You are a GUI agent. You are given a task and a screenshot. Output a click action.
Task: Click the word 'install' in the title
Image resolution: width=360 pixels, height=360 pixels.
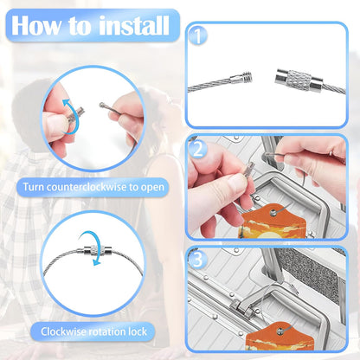click(x=133, y=25)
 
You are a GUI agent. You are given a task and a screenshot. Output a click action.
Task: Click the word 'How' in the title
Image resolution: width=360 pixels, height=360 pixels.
click(x=36, y=25)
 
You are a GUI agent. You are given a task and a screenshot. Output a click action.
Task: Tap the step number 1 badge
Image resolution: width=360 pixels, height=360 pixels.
click(x=198, y=36)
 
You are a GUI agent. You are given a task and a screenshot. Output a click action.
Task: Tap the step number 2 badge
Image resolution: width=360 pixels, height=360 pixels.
click(x=198, y=150)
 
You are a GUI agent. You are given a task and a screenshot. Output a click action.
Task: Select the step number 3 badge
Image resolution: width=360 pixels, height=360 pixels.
click(x=198, y=260)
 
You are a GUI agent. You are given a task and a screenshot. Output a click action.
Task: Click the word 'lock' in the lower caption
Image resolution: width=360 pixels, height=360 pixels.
click(x=138, y=331)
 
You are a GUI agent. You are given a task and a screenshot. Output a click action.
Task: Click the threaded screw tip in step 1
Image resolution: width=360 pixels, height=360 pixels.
click(x=247, y=77)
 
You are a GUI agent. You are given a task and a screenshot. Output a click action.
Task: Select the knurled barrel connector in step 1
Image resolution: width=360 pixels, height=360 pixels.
click(x=293, y=80)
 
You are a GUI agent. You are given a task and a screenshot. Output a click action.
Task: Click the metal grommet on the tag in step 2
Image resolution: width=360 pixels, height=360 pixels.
click(x=273, y=213)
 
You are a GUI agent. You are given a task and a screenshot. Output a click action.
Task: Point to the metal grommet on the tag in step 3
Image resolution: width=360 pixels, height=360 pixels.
click(x=280, y=331)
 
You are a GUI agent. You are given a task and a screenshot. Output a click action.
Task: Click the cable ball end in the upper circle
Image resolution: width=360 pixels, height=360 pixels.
click(x=101, y=106)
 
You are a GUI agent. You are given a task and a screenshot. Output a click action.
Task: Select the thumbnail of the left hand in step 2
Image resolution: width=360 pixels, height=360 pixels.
click(x=236, y=181)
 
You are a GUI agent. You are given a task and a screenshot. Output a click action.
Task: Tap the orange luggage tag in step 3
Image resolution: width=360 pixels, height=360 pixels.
click(x=280, y=336)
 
